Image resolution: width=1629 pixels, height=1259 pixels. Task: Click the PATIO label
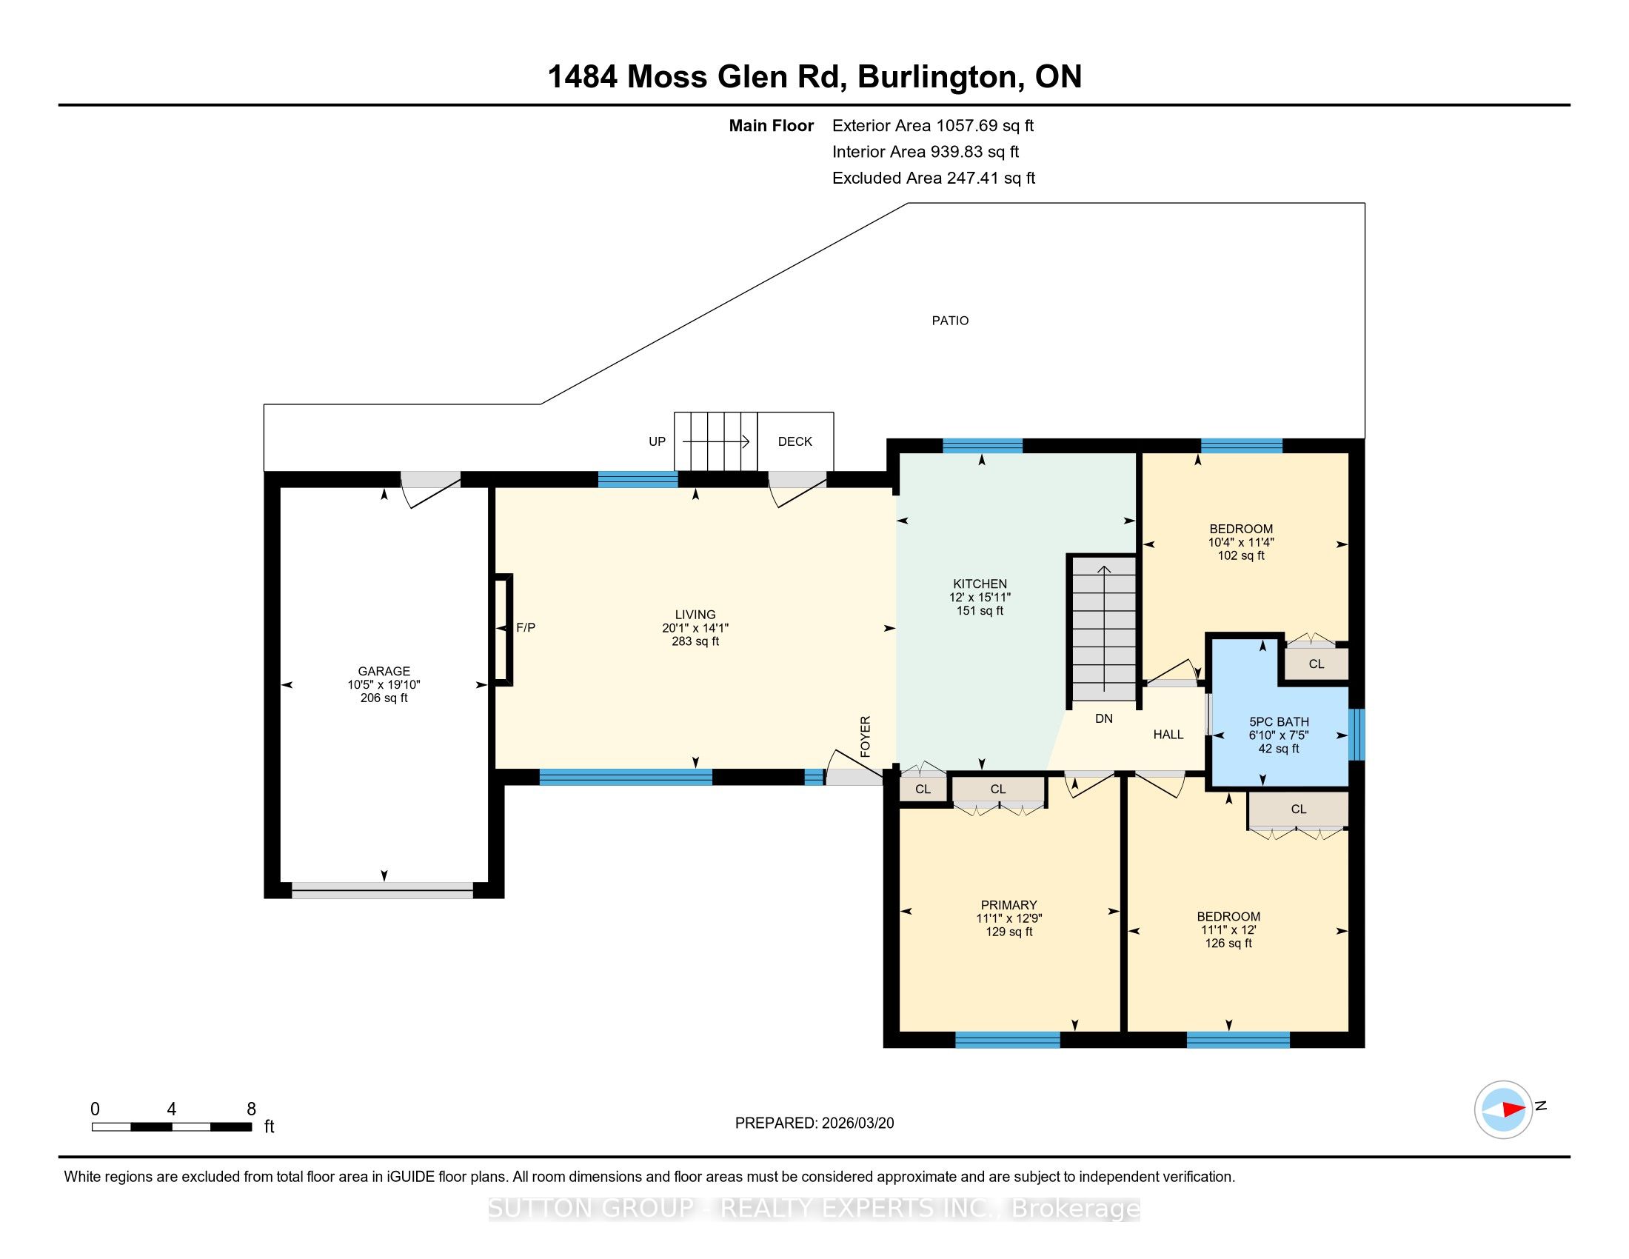coord(949,321)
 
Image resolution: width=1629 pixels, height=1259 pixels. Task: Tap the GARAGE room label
coord(384,671)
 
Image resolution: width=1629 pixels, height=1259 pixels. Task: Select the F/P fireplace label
coord(526,628)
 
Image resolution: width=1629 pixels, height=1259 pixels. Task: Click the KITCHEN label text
coord(980,584)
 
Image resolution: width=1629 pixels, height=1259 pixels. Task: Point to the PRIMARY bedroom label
coord(1009,906)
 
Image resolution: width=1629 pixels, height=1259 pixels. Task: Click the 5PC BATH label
coord(1280,722)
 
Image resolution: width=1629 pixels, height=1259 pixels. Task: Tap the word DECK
coord(795,441)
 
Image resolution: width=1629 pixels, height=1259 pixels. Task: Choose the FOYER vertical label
coord(865,737)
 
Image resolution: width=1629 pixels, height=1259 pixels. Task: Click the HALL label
coord(1168,735)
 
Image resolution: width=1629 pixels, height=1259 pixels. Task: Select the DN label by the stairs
coord(1104,719)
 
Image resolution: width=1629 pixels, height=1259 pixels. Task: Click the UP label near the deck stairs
coord(657,441)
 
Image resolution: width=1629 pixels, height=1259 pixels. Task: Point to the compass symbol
coord(1504,1109)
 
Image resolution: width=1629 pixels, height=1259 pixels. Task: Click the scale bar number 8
coord(251,1109)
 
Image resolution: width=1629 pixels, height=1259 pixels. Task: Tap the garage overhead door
coord(383,889)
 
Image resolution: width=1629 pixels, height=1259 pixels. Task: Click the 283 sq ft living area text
coord(695,641)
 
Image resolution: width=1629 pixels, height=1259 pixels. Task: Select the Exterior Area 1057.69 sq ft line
coord(933,126)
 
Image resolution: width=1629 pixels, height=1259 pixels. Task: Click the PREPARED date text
coord(814,1123)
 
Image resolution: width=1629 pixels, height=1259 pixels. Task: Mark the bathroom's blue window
coord(1357,735)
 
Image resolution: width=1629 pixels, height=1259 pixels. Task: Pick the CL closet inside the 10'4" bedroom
coord(1317,664)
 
